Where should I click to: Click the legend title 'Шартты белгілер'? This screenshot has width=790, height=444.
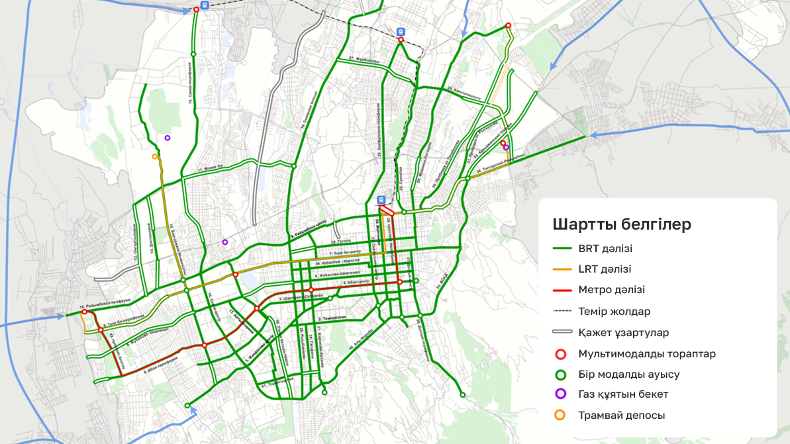[621, 224]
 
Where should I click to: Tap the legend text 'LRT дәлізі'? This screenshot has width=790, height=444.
[604, 269]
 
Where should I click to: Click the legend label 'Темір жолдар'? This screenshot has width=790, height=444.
[613, 311]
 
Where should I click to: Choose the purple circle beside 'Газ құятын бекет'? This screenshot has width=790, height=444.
[561, 394]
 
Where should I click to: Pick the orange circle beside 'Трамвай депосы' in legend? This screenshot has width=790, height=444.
[561, 416]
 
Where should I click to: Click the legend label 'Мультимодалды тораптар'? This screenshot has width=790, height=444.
[646, 353]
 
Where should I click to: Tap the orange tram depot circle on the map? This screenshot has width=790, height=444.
[154, 157]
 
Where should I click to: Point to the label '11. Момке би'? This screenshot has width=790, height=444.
[212, 169]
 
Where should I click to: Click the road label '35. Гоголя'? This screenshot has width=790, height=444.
[342, 242]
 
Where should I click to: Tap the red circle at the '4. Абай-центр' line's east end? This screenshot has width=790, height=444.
[399, 282]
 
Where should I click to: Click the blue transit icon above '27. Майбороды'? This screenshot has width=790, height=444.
[400, 31]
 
